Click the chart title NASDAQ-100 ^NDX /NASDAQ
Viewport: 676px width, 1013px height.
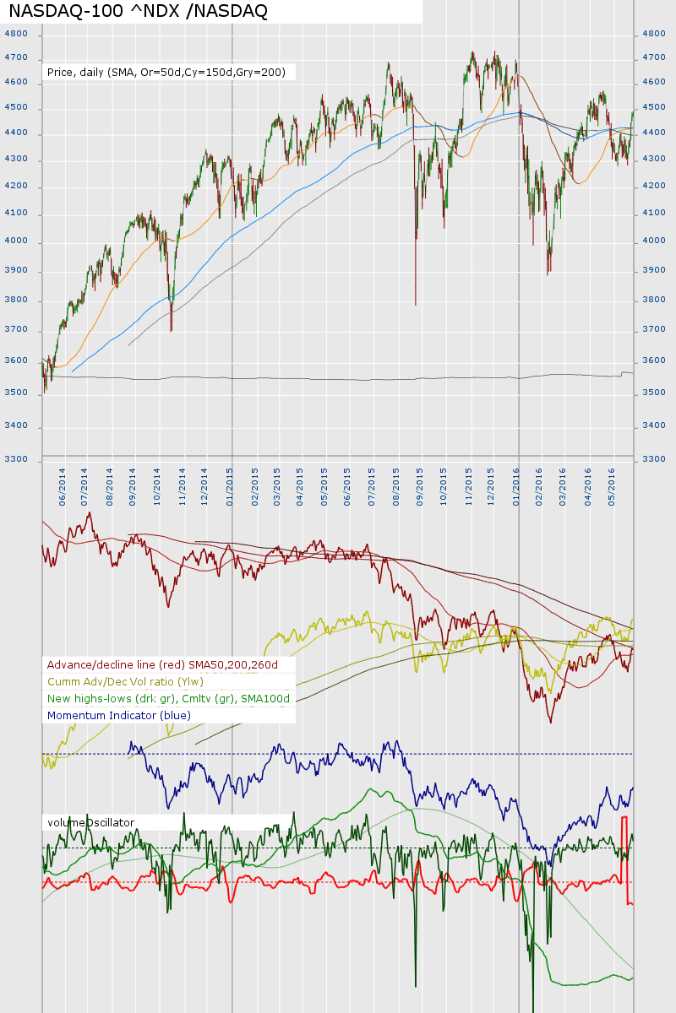(x=138, y=11)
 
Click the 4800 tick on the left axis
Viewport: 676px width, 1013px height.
(x=16, y=34)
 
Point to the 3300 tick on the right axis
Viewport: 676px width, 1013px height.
(x=654, y=458)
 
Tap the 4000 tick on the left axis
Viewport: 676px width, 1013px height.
(x=16, y=241)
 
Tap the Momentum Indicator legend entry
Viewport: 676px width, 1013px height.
(x=119, y=716)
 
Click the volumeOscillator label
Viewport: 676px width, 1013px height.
(x=91, y=822)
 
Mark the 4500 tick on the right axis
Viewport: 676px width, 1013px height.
(x=654, y=107)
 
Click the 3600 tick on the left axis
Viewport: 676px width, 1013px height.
(x=16, y=360)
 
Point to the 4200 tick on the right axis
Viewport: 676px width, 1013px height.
(x=654, y=186)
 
